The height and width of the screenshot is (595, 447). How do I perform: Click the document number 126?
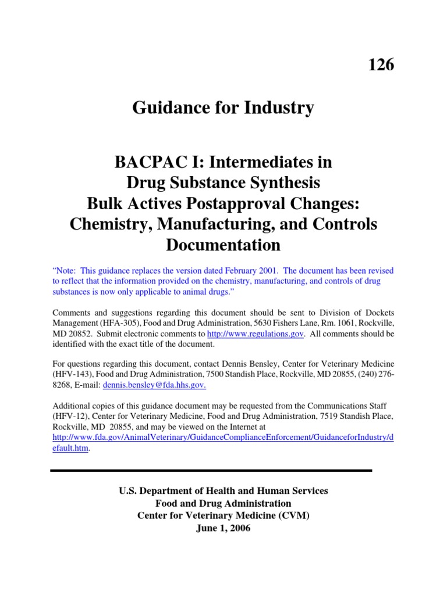(381, 65)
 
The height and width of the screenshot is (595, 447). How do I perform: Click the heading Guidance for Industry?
(223, 107)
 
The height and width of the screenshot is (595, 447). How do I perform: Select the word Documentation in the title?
(223, 245)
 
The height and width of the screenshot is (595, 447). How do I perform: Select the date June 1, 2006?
(223, 529)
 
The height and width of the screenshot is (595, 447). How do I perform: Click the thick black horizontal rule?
(211, 470)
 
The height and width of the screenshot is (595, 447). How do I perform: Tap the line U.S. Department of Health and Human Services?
(223, 491)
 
